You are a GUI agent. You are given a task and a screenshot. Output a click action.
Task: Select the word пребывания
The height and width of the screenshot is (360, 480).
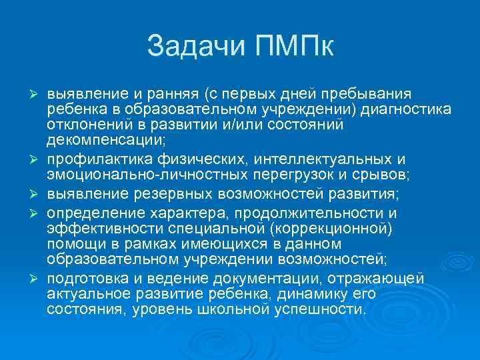click(373, 93)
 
